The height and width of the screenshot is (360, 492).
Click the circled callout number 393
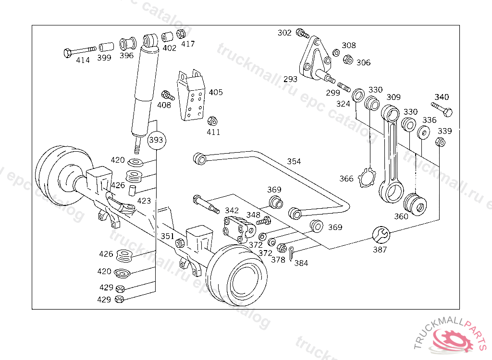(x=156, y=140)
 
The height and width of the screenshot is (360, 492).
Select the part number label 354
(x=294, y=161)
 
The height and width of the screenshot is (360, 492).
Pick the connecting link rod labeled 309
(x=393, y=154)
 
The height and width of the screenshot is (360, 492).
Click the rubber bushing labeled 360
(x=415, y=204)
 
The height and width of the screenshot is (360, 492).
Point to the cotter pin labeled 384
(x=291, y=252)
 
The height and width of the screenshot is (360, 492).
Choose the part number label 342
(x=232, y=211)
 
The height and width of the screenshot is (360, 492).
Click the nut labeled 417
(x=181, y=35)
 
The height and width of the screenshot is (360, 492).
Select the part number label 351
(x=167, y=236)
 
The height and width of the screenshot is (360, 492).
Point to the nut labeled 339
(x=440, y=142)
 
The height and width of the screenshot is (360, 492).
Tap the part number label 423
(x=144, y=201)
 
